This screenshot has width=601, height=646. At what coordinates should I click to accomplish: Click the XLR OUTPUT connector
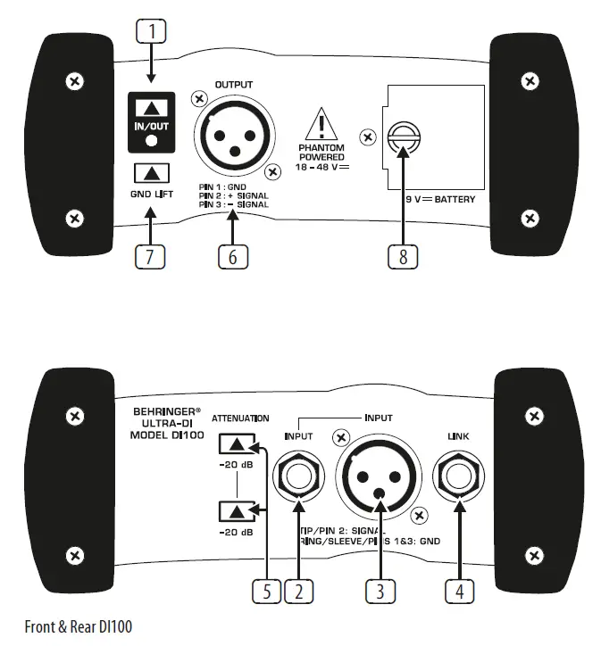pyautogui.click(x=233, y=134)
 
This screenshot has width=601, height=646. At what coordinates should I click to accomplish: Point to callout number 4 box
pyautogui.click(x=460, y=590)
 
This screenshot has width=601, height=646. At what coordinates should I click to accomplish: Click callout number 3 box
pyautogui.click(x=381, y=590)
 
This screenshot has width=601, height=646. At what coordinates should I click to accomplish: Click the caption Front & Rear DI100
pyautogui.click(x=78, y=627)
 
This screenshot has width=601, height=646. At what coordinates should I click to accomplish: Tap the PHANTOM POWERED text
pyautogui.click(x=322, y=153)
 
